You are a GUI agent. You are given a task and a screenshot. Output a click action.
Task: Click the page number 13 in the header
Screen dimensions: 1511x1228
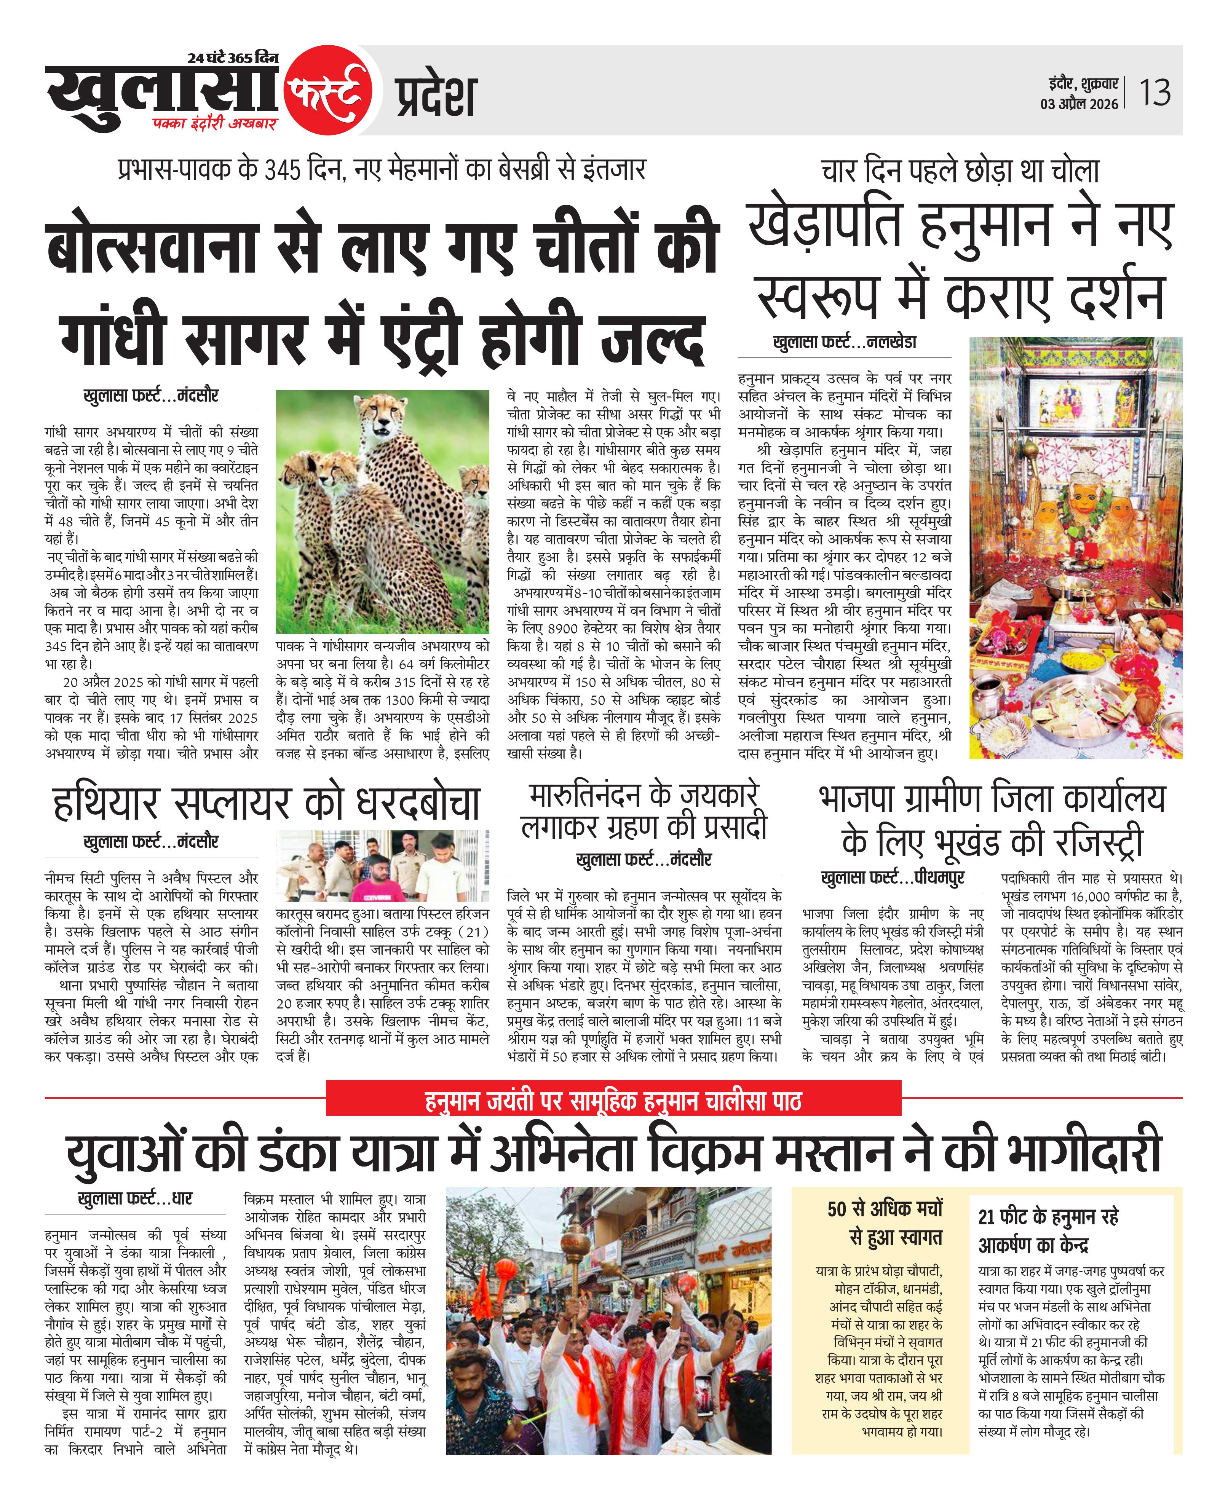pos(1155,93)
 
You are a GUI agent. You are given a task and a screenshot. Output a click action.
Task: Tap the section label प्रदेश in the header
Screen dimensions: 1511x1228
pos(436,96)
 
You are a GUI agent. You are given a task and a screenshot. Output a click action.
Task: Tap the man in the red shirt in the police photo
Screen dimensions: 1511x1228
pos(380,882)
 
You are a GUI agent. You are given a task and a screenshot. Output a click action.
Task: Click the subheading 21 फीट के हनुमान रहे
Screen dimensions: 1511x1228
pos(1048,1217)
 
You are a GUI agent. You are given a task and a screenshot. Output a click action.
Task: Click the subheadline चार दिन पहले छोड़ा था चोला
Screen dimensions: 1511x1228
pos(960,171)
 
